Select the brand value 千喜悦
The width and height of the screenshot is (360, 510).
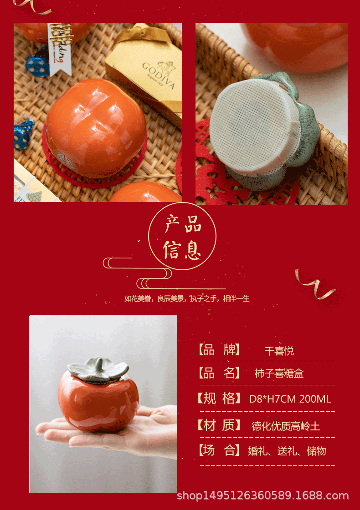click(279, 351)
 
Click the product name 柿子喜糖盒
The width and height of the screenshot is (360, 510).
click(279, 374)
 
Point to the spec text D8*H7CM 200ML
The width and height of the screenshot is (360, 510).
click(290, 399)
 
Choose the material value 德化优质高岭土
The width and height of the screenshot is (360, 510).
click(286, 426)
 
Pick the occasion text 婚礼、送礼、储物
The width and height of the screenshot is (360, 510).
click(287, 451)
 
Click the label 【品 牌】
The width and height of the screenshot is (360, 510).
click(219, 350)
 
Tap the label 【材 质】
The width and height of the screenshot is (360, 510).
click(219, 425)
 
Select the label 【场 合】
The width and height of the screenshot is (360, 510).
click(219, 451)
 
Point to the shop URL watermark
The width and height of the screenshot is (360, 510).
click(262, 495)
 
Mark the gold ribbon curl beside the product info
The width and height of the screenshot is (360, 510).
click(314, 284)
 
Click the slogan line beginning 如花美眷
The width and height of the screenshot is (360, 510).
click(187, 299)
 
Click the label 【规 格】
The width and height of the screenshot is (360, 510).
click(219, 399)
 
